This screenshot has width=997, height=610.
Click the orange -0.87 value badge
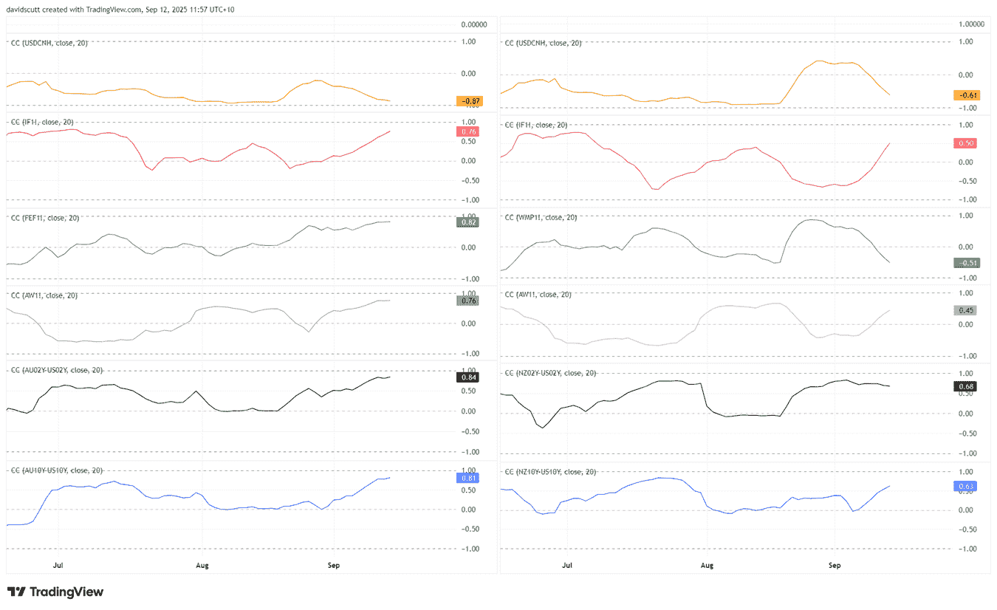point(469,100)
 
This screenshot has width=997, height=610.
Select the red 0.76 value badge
point(469,131)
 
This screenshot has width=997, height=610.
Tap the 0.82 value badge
point(469,222)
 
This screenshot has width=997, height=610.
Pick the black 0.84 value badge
point(469,377)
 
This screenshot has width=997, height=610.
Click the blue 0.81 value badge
point(469,478)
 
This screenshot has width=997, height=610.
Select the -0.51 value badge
point(965,263)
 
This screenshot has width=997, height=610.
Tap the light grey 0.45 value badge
point(965,310)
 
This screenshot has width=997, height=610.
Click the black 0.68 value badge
point(965,385)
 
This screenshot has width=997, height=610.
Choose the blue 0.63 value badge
point(965,486)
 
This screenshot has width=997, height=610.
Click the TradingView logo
point(55,592)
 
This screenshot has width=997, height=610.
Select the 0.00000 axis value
point(474,24)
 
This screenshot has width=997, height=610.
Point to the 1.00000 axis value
point(970,24)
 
